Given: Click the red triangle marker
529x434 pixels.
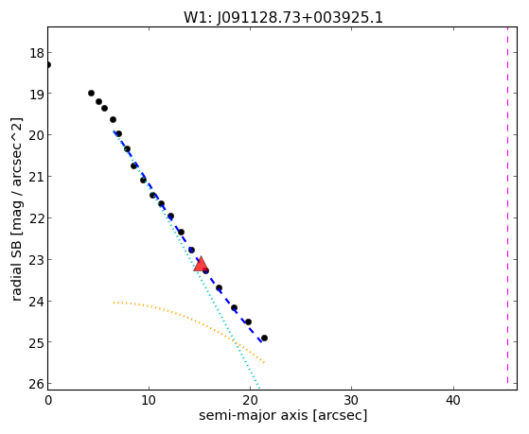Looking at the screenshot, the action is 201,264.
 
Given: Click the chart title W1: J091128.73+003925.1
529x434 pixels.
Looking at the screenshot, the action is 283,18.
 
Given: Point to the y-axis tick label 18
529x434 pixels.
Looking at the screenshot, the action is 36,53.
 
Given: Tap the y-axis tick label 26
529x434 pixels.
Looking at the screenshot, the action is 36,384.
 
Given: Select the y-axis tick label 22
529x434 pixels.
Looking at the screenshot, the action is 36,218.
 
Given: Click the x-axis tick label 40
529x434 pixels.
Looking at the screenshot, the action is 452,400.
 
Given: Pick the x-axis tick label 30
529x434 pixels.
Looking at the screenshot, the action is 351,400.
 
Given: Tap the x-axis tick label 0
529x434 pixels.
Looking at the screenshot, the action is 48,400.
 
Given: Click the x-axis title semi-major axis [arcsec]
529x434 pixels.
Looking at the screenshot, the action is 283,415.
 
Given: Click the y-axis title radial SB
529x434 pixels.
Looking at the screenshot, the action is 17,268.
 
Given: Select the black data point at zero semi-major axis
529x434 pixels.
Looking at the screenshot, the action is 48,64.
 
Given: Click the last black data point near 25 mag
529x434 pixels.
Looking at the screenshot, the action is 265,338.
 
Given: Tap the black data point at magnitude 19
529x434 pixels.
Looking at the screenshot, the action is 91,93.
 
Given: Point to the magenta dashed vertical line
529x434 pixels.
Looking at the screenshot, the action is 507,205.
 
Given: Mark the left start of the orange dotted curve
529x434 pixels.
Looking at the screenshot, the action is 114,303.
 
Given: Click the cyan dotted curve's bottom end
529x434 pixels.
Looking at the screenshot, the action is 259,388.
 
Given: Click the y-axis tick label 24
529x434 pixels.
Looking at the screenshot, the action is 36,301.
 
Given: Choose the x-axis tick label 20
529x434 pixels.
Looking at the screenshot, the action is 250,400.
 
